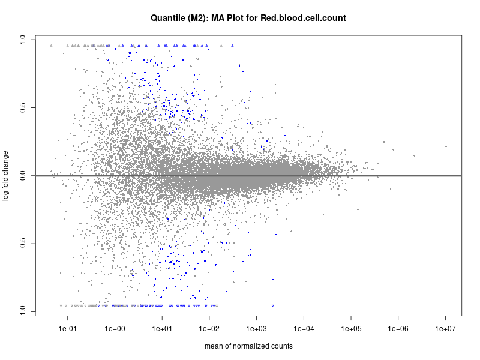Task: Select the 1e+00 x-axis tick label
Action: coord(115,329)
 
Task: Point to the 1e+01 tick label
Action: coord(162,329)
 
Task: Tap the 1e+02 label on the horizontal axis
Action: coord(209,329)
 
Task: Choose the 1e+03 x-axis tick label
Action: coord(257,329)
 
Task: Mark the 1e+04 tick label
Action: coord(304,329)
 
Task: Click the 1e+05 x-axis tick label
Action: coord(352,329)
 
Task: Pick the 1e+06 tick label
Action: coord(399,329)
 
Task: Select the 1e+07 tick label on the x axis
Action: coord(446,329)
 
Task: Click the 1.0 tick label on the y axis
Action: coord(22,40)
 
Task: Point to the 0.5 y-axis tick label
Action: coord(22,108)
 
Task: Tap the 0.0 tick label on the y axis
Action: coord(22,176)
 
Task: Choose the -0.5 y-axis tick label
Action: coord(22,244)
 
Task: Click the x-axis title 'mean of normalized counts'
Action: coord(248,346)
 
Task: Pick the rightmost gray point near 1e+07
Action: coord(446,146)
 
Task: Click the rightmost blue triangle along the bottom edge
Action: coord(273,305)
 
